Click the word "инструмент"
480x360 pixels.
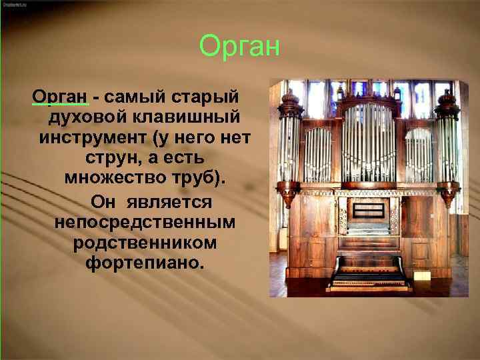(x=91, y=139)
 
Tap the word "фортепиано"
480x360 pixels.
(x=142, y=263)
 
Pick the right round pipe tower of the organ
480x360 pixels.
(x=447, y=150)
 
